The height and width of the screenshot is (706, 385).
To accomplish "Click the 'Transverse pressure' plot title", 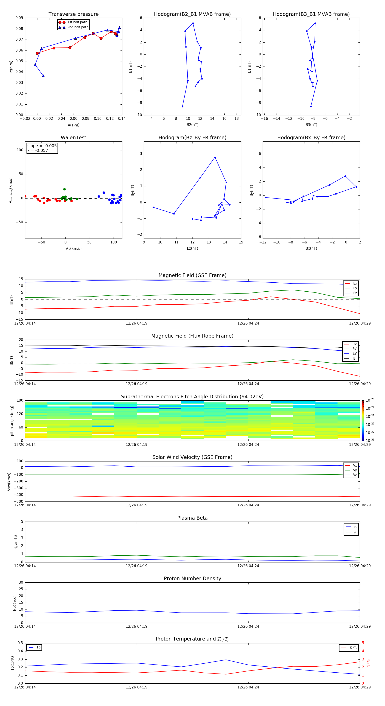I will [73, 14].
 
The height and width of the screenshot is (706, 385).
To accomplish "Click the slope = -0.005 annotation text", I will [42, 146].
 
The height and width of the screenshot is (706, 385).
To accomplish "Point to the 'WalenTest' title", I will [73, 138].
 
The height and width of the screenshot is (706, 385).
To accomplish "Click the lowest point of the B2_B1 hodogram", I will [182, 107].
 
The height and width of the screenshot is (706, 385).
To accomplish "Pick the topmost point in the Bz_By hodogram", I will [215, 157].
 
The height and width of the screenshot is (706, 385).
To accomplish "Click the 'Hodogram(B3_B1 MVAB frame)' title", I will [311, 14].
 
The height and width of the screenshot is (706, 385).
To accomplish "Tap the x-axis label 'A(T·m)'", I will [73, 125].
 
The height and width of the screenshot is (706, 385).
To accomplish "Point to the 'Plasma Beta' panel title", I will [192, 518].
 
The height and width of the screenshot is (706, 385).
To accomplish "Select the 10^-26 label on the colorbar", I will [370, 400].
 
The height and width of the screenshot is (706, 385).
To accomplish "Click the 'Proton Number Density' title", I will [192, 578].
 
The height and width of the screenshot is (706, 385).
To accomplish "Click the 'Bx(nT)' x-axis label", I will [311, 248].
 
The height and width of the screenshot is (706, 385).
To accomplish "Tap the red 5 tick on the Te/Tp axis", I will [363, 643].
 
